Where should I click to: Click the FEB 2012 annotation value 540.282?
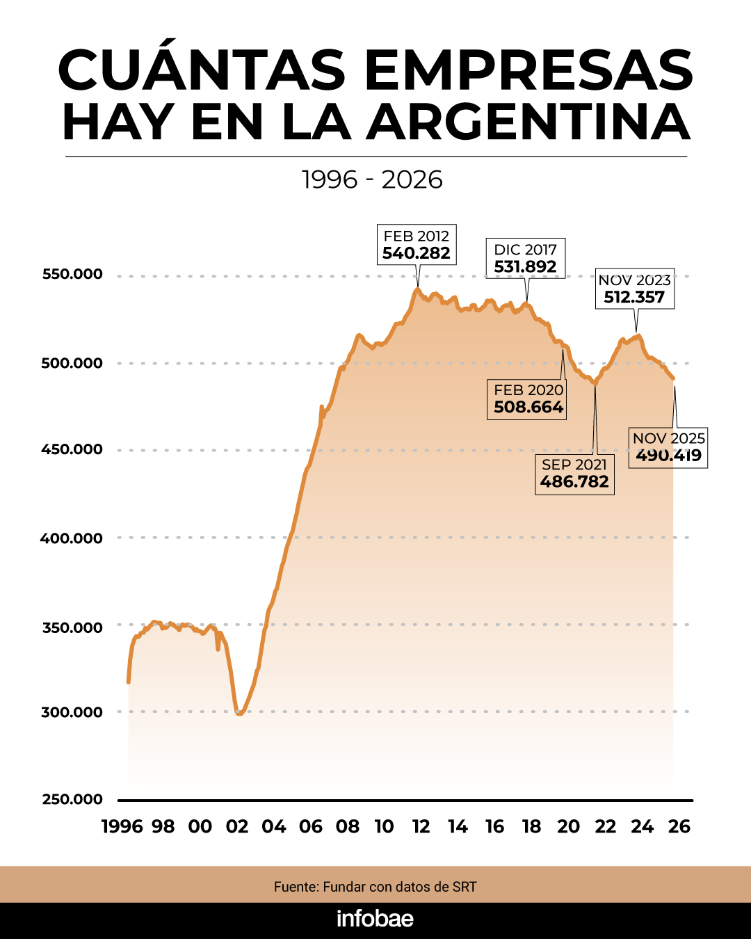(417, 253)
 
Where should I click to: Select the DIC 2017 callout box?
(526, 258)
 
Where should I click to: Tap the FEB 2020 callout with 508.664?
(528, 399)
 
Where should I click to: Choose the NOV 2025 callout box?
(668, 447)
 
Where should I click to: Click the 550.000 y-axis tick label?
(72, 274)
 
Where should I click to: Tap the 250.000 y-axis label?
(72, 799)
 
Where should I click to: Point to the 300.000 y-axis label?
(72, 712)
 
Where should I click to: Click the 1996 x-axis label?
(122, 826)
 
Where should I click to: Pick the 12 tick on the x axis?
(421, 826)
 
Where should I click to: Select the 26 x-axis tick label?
(679, 826)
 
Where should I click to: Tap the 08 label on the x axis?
(347, 826)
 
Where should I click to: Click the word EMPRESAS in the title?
(528, 70)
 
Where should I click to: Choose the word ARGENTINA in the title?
(528, 122)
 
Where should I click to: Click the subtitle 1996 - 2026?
(373, 179)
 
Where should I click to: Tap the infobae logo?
(375, 919)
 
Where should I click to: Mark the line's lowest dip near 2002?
(239, 714)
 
